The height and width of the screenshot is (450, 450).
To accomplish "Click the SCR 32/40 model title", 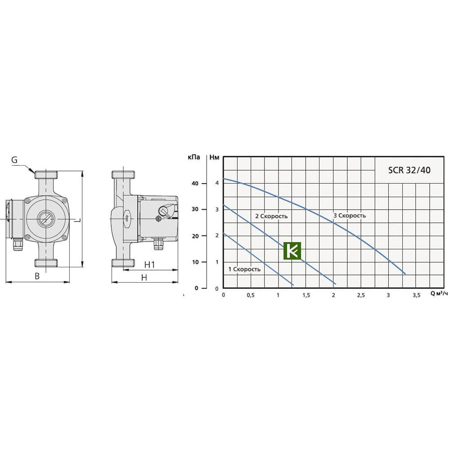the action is [x=409, y=170].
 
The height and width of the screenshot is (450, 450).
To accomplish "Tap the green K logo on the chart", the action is [x=292, y=251].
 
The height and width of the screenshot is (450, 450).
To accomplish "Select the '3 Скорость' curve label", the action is [x=350, y=215].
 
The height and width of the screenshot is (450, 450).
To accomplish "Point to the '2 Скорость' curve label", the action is [x=271, y=216].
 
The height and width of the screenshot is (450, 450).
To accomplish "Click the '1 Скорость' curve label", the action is [x=244, y=269].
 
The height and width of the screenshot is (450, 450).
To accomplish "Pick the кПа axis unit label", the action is [x=194, y=157].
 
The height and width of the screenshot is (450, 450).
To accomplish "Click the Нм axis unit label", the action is [x=214, y=157].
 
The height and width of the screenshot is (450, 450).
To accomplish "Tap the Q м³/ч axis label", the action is [x=439, y=293].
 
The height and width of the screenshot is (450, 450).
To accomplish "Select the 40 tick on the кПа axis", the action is [x=195, y=183].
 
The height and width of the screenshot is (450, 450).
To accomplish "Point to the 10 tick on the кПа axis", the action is [x=195, y=262].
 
